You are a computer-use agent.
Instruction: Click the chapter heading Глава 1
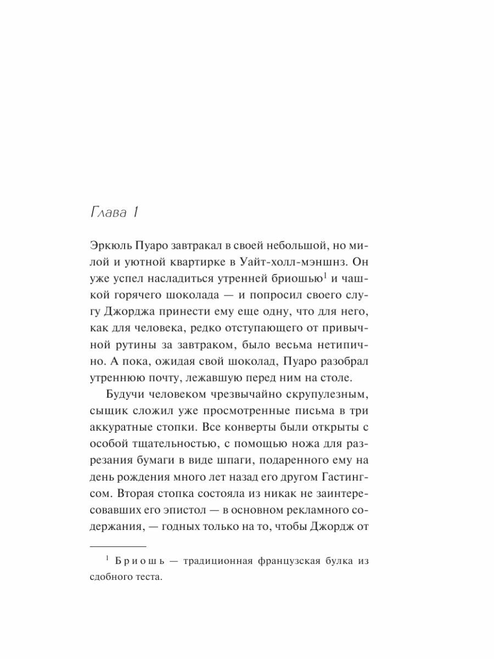(x=113, y=214)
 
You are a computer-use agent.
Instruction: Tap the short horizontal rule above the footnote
(x=117, y=547)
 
